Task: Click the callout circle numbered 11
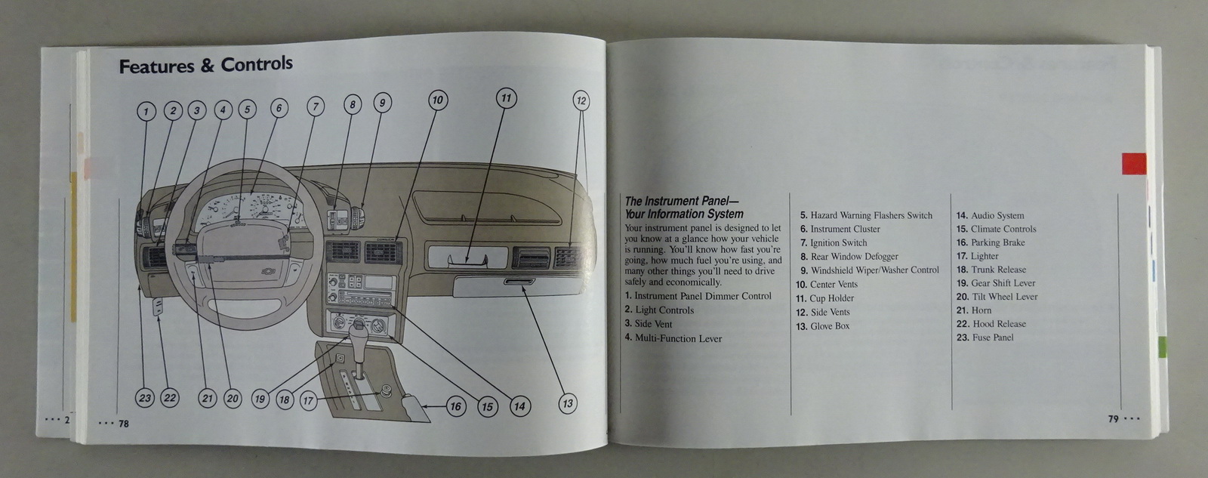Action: coord(506,98)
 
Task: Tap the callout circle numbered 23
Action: coord(145,398)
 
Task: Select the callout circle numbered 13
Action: coord(567,403)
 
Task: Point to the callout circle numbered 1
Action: coord(146,112)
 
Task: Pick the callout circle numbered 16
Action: coord(455,406)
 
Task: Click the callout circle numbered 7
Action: coord(315,106)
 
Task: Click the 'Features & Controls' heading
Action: coord(205,66)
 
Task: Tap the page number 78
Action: coord(123,424)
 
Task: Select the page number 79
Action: coord(1113,418)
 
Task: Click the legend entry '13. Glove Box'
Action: coord(822,326)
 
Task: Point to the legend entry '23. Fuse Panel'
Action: coord(985,338)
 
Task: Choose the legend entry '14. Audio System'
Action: coord(990,215)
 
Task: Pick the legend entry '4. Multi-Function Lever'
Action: coord(673,338)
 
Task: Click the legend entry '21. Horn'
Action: coord(974,310)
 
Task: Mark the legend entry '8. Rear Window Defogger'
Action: coord(849,257)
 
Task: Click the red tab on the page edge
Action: coord(1133,163)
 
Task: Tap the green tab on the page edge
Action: coord(1162,348)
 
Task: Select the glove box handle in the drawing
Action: coord(518,282)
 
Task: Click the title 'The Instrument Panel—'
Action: coord(672,201)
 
